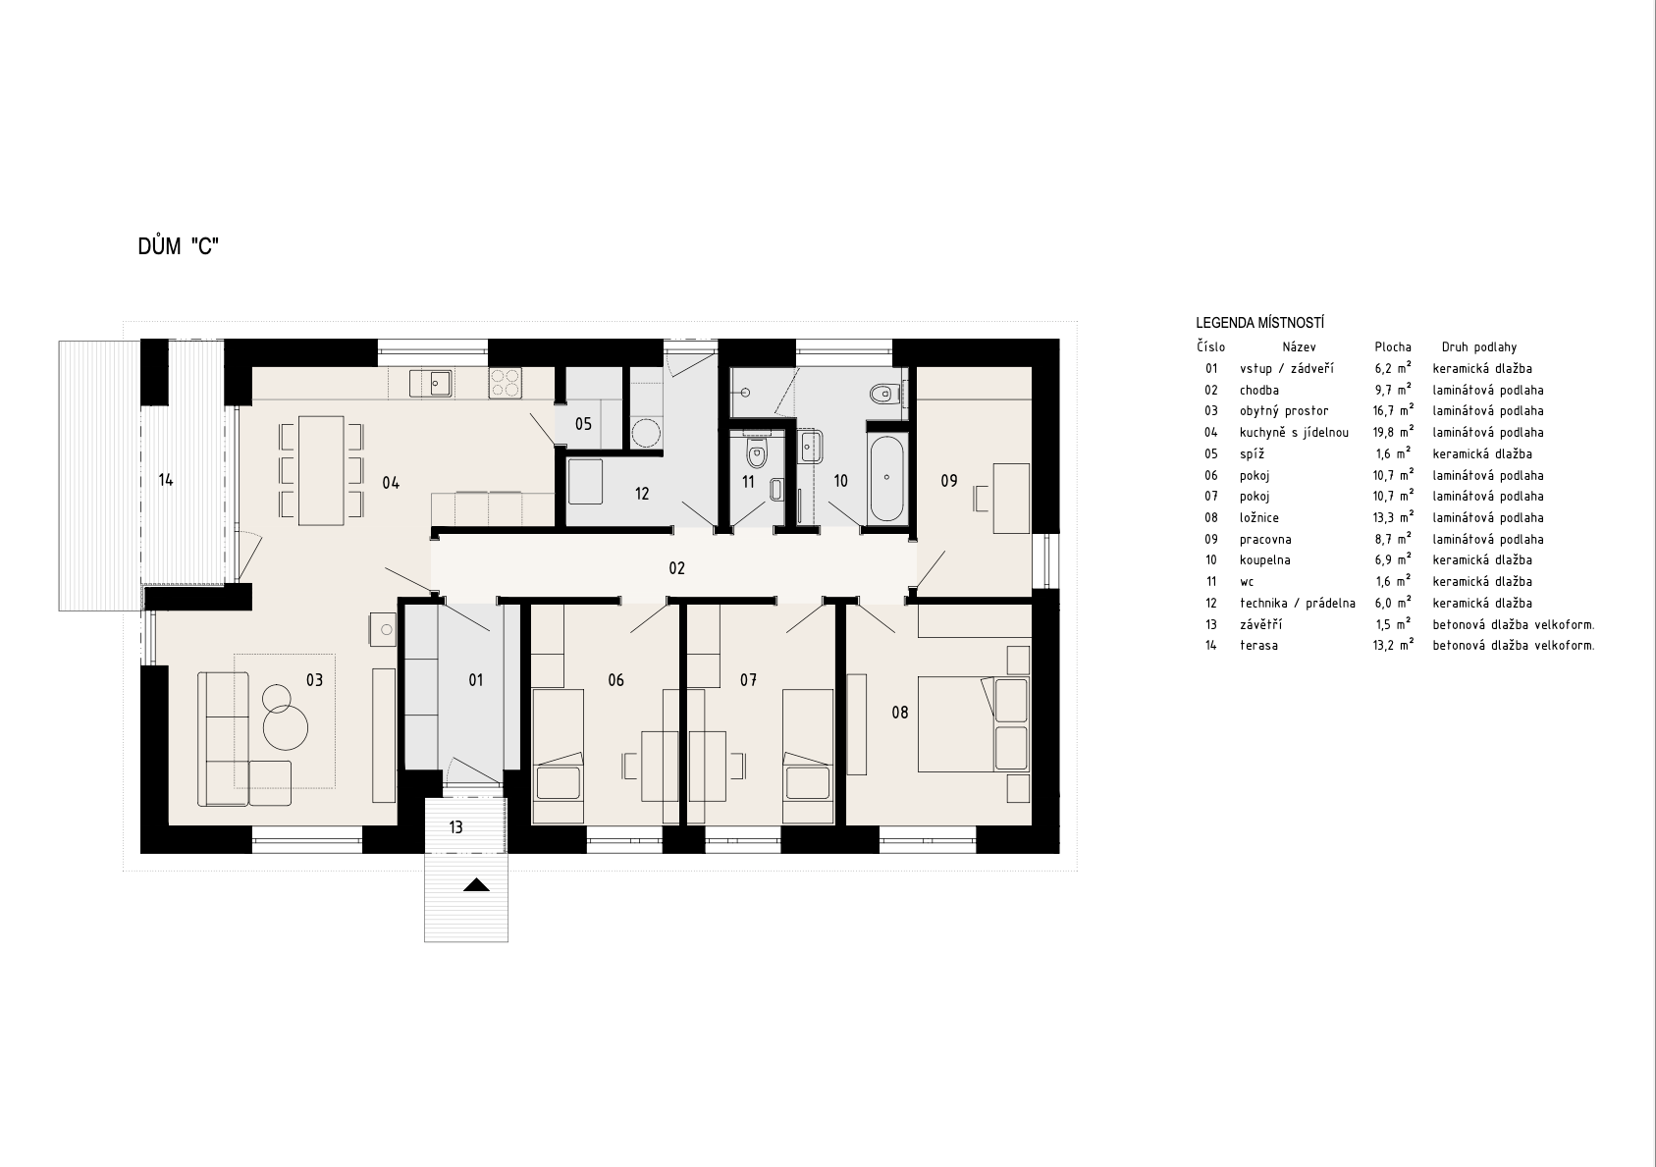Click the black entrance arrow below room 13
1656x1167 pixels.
476,884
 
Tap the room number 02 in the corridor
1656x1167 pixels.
677,568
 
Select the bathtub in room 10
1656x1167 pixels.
886,478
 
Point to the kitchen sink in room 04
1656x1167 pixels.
441,383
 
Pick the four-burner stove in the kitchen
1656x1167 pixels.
505,383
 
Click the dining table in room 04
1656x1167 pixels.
321,470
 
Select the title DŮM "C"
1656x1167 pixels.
179,246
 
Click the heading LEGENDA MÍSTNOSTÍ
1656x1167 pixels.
1259,323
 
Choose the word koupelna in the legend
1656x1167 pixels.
1265,560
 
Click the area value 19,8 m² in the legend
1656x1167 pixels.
1393,432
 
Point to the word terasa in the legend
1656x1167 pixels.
1259,645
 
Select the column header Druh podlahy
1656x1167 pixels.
1478,346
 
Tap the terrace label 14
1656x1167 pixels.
166,480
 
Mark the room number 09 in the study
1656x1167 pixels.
948,481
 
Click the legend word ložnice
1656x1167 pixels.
1259,517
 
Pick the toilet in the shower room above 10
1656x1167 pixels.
884,394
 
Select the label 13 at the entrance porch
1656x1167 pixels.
456,827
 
